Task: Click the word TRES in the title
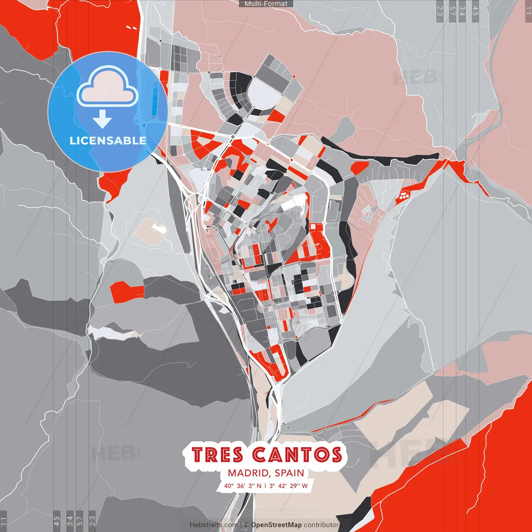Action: [x=217, y=455]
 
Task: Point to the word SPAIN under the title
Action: [x=289, y=473]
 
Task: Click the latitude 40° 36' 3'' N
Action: [x=243, y=485]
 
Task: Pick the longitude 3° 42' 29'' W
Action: [x=288, y=485]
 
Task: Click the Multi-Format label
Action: [x=266, y=4]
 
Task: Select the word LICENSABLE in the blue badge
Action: [x=108, y=140]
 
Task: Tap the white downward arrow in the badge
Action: [x=102, y=120]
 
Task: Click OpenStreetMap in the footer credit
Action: [x=276, y=525]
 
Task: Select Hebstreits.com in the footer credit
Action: [x=214, y=525]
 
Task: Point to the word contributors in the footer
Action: [x=323, y=525]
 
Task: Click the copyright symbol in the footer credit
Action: [x=246, y=525]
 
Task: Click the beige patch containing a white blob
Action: [x=152, y=231]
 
